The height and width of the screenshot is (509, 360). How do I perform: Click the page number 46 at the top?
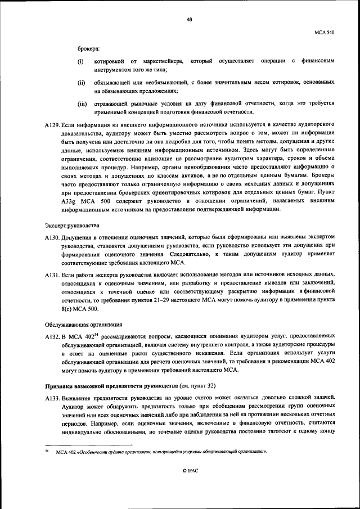189,19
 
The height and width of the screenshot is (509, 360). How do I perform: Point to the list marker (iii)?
82,103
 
